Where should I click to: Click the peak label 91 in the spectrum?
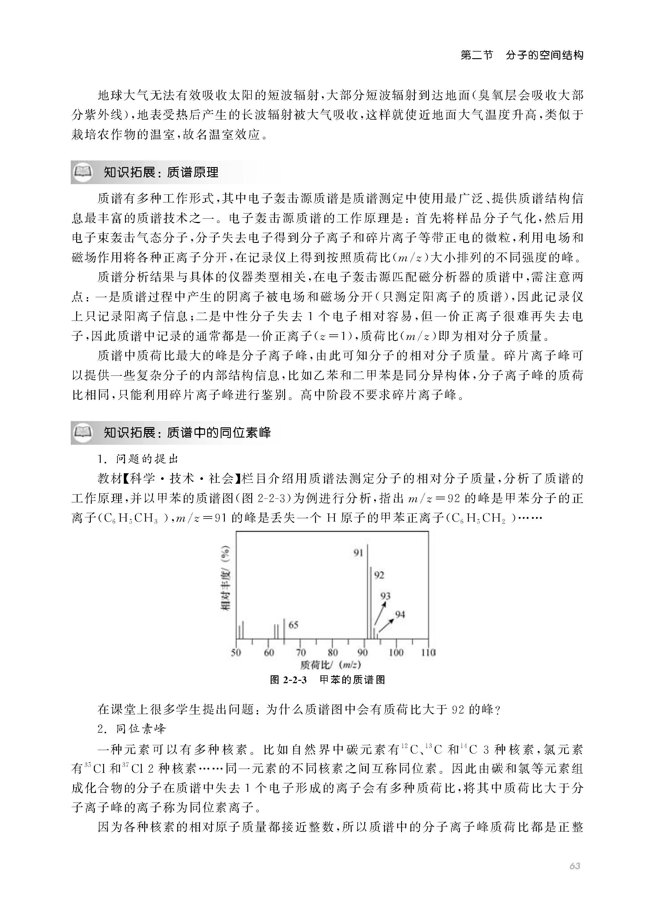[x=359, y=553]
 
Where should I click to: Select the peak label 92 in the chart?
[x=379, y=575]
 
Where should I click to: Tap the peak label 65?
[x=293, y=625]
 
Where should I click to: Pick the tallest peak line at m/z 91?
[x=367, y=593]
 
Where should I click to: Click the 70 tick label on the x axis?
[x=301, y=652]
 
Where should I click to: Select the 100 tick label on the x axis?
[x=396, y=652]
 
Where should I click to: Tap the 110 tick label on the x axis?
[x=428, y=652]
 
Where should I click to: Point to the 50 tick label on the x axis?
[x=236, y=652]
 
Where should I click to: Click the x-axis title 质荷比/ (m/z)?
[x=330, y=665]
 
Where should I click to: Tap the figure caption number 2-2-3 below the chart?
[x=294, y=680]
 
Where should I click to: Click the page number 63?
[x=575, y=866]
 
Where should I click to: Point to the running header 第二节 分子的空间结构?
[x=522, y=55]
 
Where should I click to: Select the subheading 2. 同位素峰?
[x=132, y=729]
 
